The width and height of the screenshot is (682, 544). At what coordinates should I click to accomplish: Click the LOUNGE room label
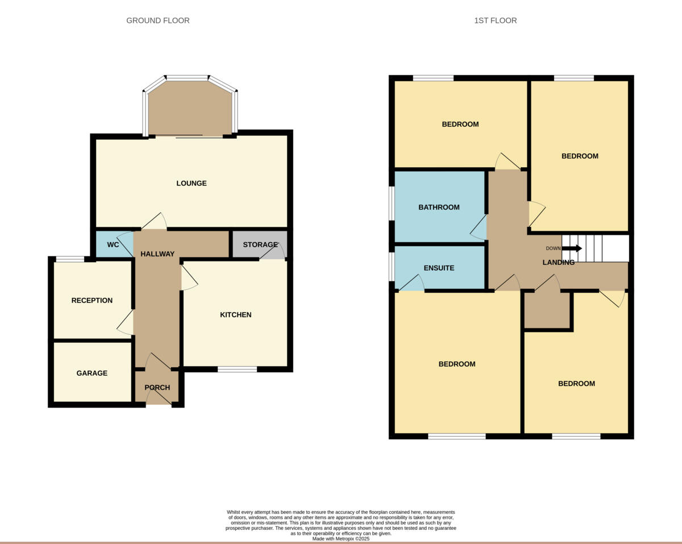point(192,184)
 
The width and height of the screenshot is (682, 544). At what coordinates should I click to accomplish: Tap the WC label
point(113,245)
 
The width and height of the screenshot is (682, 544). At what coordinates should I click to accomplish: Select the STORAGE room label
point(260,245)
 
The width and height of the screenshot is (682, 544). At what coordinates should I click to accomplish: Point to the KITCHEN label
point(236,315)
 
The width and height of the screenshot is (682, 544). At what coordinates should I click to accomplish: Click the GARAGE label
point(92,373)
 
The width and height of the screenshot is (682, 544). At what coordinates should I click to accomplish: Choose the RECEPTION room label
point(92,301)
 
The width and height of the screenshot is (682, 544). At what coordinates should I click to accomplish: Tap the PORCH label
point(157,388)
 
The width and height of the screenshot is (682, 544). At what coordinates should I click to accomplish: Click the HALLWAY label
point(157,254)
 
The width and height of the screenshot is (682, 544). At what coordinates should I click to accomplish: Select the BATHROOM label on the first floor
point(439,207)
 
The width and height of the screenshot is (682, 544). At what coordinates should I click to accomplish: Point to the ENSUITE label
point(439,268)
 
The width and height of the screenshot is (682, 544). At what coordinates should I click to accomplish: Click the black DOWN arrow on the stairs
point(572,248)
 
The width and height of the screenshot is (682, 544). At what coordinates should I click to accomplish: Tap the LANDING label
point(559,263)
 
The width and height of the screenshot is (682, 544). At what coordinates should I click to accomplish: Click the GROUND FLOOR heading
point(158,20)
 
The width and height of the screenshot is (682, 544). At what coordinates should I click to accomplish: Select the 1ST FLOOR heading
point(496,20)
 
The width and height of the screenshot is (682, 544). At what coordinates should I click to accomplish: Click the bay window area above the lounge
point(190,108)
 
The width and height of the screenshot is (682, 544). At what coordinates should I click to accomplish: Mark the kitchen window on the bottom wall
point(237,369)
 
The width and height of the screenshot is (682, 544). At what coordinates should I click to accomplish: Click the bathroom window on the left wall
point(392,203)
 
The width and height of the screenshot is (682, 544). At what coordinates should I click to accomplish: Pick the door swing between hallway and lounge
point(154,222)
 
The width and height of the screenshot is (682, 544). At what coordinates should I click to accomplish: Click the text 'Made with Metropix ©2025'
point(341,538)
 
